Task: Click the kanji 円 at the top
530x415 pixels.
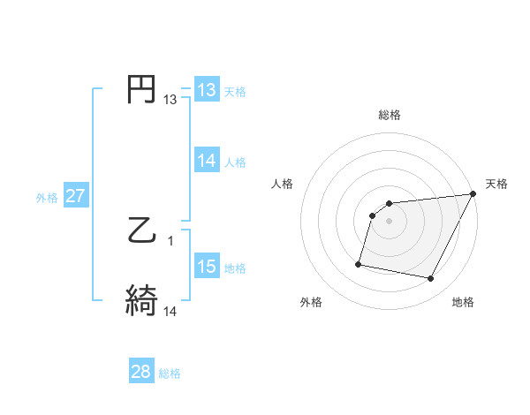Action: (142, 90)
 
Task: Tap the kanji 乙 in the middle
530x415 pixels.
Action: (142, 230)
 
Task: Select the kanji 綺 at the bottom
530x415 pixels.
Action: (142, 301)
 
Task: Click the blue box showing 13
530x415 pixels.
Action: (206, 90)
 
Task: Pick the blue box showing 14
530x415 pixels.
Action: (206, 161)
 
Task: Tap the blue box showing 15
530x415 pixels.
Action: (206, 267)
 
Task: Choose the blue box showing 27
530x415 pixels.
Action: (75, 196)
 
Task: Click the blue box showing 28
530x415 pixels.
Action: (141, 372)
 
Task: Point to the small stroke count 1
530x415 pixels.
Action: (170, 240)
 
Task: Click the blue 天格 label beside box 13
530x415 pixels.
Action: (235, 91)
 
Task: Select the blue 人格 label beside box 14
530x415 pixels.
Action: (235, 162)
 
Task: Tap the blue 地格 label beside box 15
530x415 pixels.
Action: (235, 268)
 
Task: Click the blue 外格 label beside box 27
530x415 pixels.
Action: (47, 197)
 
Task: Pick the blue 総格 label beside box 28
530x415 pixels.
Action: (170, 373)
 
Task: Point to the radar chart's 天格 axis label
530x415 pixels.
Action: (496, 184)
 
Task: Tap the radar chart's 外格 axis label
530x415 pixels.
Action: (311, 302)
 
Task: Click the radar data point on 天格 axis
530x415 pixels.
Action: (474, 194)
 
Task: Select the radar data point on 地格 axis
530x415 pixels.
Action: (431, 279)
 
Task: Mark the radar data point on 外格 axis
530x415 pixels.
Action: (359, 263)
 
